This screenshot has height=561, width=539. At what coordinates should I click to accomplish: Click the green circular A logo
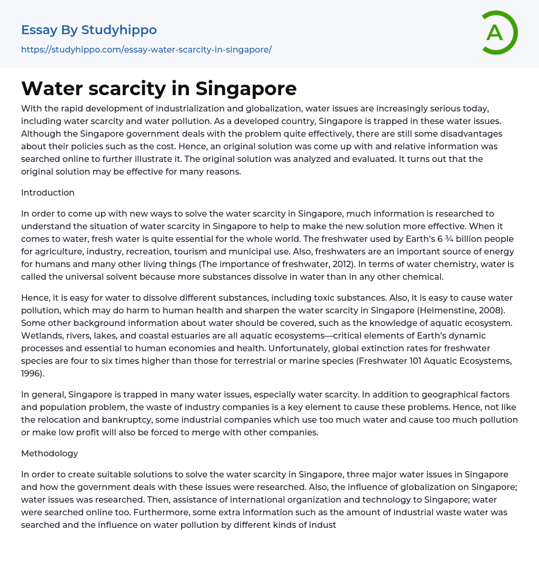496,33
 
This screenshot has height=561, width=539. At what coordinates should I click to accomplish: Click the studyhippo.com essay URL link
146,49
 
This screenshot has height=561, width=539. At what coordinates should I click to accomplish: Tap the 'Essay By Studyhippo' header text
89,30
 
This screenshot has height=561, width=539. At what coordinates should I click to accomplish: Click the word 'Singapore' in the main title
246,88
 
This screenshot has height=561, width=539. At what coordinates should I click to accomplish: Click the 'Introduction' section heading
48,192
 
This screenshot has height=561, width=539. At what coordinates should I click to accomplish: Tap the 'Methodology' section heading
49,453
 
